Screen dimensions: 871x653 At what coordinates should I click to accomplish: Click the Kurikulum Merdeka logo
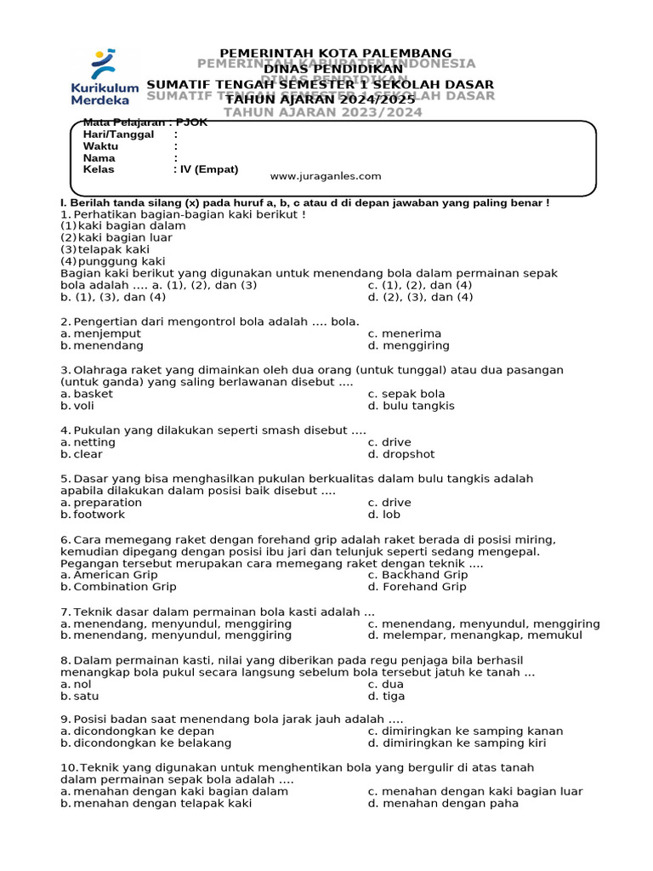(105, 77)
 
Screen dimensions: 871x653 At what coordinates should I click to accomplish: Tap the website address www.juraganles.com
(326, 176)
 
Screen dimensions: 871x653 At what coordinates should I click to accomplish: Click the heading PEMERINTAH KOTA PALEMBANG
(336, 53)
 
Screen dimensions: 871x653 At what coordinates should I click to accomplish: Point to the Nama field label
(99, 158)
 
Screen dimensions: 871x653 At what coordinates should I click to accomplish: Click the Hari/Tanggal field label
(118, 134)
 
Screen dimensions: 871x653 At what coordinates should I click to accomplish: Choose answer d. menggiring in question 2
(408, 346)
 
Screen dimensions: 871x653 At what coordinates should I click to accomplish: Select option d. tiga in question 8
(386, 696)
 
